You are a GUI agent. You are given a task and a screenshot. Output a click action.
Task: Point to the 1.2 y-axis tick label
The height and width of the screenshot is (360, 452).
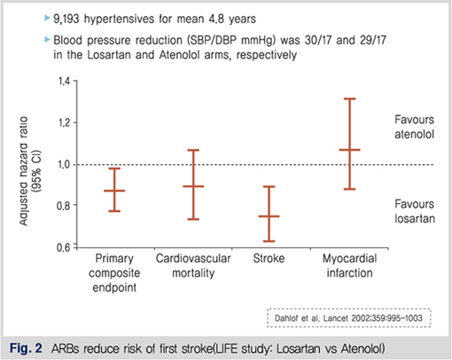click(64, 122)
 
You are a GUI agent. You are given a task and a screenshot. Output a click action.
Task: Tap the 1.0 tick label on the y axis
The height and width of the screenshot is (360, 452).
click(64, 164)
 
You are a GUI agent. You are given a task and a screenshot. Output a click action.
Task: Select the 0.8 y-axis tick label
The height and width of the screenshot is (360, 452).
click(63, 205)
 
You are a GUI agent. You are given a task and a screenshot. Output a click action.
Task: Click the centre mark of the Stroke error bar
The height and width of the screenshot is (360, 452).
click(269, 216)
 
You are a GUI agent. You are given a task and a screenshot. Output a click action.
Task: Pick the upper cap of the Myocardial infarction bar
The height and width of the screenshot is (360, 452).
click(349, 98)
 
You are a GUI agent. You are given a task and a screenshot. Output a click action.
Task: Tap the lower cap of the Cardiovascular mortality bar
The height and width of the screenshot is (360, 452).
click(193, 219)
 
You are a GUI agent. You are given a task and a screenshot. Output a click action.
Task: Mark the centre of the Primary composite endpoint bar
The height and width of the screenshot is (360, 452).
click(114, 191)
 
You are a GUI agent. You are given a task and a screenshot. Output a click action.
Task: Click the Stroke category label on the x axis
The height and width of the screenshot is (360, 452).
click(269, 259)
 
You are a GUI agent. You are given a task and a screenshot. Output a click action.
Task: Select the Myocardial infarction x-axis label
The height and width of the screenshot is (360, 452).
click(349, 266)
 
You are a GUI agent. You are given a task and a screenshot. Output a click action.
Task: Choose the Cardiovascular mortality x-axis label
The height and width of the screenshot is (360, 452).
click(193, 266)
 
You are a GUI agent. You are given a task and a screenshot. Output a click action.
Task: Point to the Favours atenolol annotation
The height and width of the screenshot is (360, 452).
click(414, 127)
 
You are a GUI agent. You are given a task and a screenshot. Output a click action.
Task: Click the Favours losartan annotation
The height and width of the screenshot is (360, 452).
click(415, 211)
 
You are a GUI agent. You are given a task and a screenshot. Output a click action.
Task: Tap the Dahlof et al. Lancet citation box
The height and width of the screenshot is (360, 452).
click(349, 318)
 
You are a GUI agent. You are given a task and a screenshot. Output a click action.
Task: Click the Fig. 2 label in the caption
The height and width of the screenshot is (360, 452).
click(26, 348)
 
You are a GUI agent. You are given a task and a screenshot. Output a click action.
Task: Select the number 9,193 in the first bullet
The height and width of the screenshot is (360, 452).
click(66, 19)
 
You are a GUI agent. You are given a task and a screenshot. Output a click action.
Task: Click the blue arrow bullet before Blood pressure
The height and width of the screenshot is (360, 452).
click(47, 39)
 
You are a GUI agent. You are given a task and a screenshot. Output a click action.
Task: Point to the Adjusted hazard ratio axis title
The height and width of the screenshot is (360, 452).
click(28, 171)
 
